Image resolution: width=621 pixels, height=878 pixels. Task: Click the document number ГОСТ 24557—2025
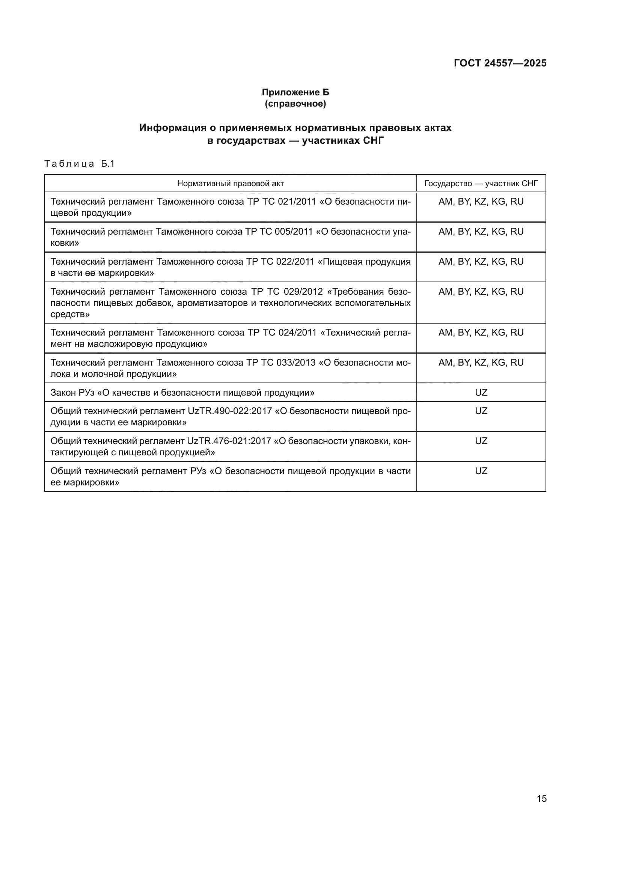(500, 63)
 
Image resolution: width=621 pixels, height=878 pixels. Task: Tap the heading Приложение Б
(295, 92)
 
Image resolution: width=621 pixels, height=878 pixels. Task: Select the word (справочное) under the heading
(295, 104)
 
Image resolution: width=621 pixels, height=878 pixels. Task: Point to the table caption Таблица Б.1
(80, 164)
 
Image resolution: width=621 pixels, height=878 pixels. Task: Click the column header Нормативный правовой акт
(230, 184)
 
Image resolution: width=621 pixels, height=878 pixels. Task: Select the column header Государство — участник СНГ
(481, 184)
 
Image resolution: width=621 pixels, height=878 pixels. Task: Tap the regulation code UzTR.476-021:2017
(229, 441)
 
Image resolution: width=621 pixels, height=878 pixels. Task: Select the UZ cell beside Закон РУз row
(481, 393)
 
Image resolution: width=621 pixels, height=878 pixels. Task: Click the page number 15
(541, 798)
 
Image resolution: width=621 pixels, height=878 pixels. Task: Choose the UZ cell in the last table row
(481, 471)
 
